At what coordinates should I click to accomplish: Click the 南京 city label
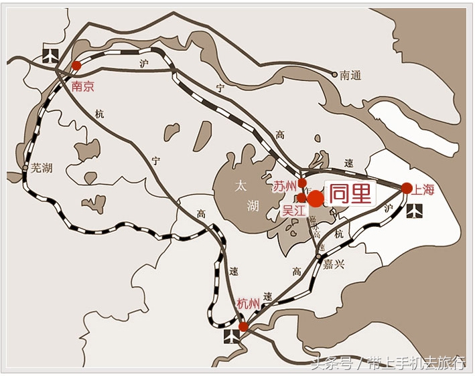pos(83,87)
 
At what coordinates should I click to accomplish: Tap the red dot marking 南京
pos(76,66)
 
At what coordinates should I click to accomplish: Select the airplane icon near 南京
pos(49,54)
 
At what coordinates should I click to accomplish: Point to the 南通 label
pos(350,76)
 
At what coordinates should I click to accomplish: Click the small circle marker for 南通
pos(335,74)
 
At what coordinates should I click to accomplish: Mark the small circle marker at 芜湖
pos(25,167)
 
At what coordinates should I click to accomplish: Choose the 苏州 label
pos(284,186)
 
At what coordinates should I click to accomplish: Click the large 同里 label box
pos(350,194)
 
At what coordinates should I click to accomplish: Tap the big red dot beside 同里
pos(315,198)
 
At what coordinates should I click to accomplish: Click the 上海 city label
pos(424,189)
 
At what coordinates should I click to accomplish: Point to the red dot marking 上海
pos(407,188)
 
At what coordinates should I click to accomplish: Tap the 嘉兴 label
pos(334,264)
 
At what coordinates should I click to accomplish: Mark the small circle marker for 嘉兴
pos(318,257)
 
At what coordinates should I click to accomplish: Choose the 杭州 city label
pos(248,304)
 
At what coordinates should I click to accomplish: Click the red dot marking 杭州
pos(244,326)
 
